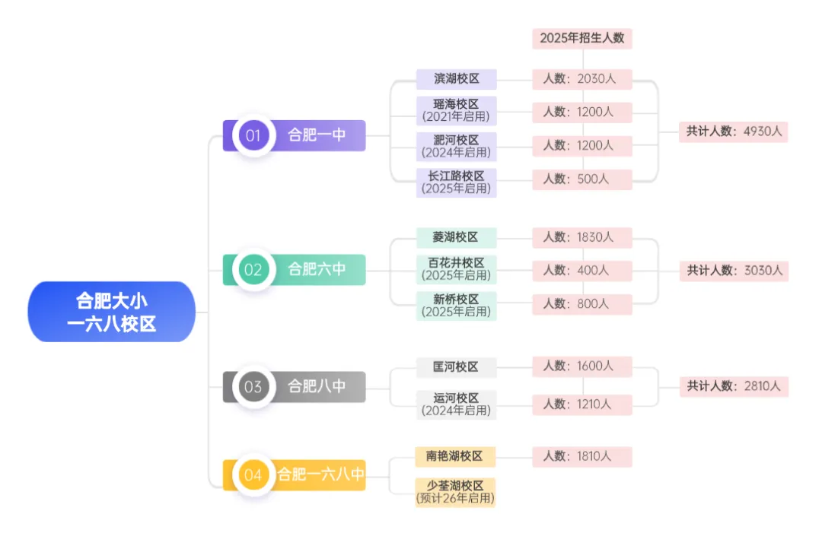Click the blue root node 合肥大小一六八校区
[x=111, y=312]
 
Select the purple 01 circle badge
[x=253, y=135]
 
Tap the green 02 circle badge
[x=253, y=269]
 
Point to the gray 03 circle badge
[x=253, y=386]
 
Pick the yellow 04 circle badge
[x=253, y=475]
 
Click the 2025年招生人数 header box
[x=582, y=38]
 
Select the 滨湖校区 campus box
[x=456, y=79]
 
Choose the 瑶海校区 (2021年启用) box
[x=456, y=111]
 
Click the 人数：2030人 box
[x=582, y=79]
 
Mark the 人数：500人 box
[x=582, y=179]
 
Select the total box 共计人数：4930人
[x=734, y=131]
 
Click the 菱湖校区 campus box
[x=456, y=237]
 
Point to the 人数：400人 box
[x=582, y=270]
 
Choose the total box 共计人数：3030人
[x=734, y=270]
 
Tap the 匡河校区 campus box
[x=456, y=367]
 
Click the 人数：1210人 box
[x=582, y=404]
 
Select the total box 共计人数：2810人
[x=734, y=386]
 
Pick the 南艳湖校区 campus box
[x=455, y=456]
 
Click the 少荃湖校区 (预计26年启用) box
[x=455, y=493]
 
